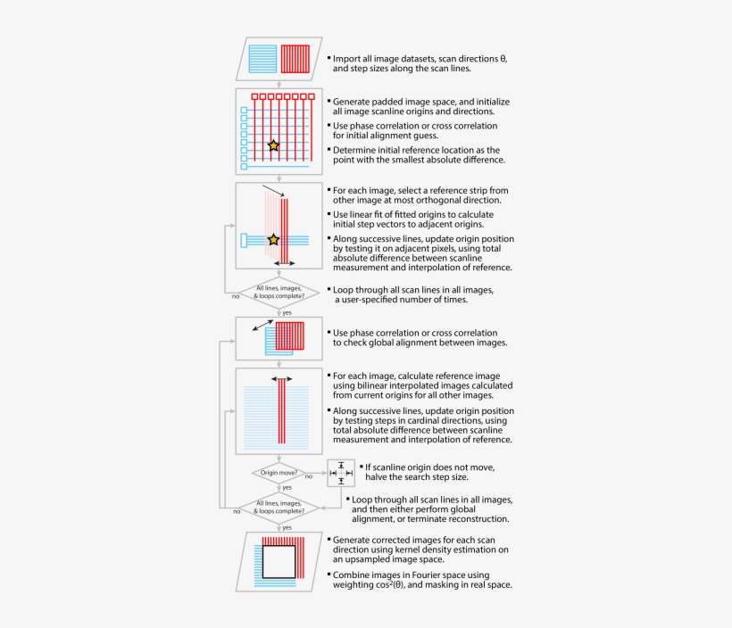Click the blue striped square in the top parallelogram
click(263, 59)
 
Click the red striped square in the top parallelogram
click(295, 59)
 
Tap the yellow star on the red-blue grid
click(273, 145)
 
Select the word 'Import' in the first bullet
click(349, 57)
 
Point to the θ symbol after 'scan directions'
click(503, 57)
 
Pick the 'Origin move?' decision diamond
click(279, 472)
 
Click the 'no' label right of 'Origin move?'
click(308, 477)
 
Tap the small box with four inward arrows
click(341, 473)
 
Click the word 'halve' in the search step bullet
click(378, 477)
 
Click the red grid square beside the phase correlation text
click(290, 336)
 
